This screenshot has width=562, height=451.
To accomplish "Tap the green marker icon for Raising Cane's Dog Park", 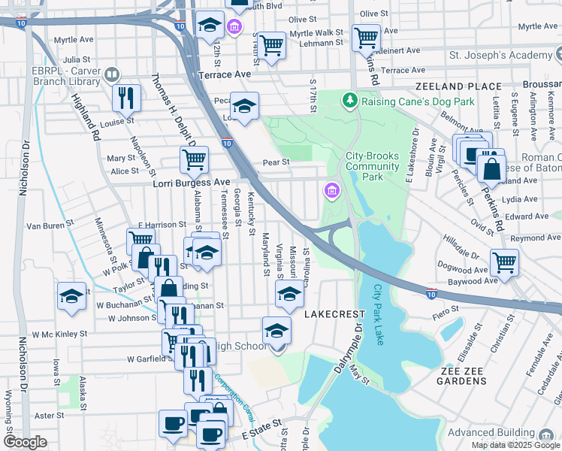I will coord(349,100).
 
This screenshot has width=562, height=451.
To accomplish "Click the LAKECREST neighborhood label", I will coord(334,313).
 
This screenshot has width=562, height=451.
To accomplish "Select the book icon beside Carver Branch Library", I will coord(111,74).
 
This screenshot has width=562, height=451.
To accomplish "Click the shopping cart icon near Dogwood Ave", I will coord(503,262).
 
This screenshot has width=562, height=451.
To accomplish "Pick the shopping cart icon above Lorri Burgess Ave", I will coord(194,159).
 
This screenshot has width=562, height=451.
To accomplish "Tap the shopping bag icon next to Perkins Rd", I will coord(491,168).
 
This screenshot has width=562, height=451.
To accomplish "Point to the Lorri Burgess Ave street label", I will coord(191,183).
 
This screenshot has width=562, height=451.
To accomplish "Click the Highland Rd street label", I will coord(86,117).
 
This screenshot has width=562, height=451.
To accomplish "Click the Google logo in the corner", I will coord(25,442).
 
